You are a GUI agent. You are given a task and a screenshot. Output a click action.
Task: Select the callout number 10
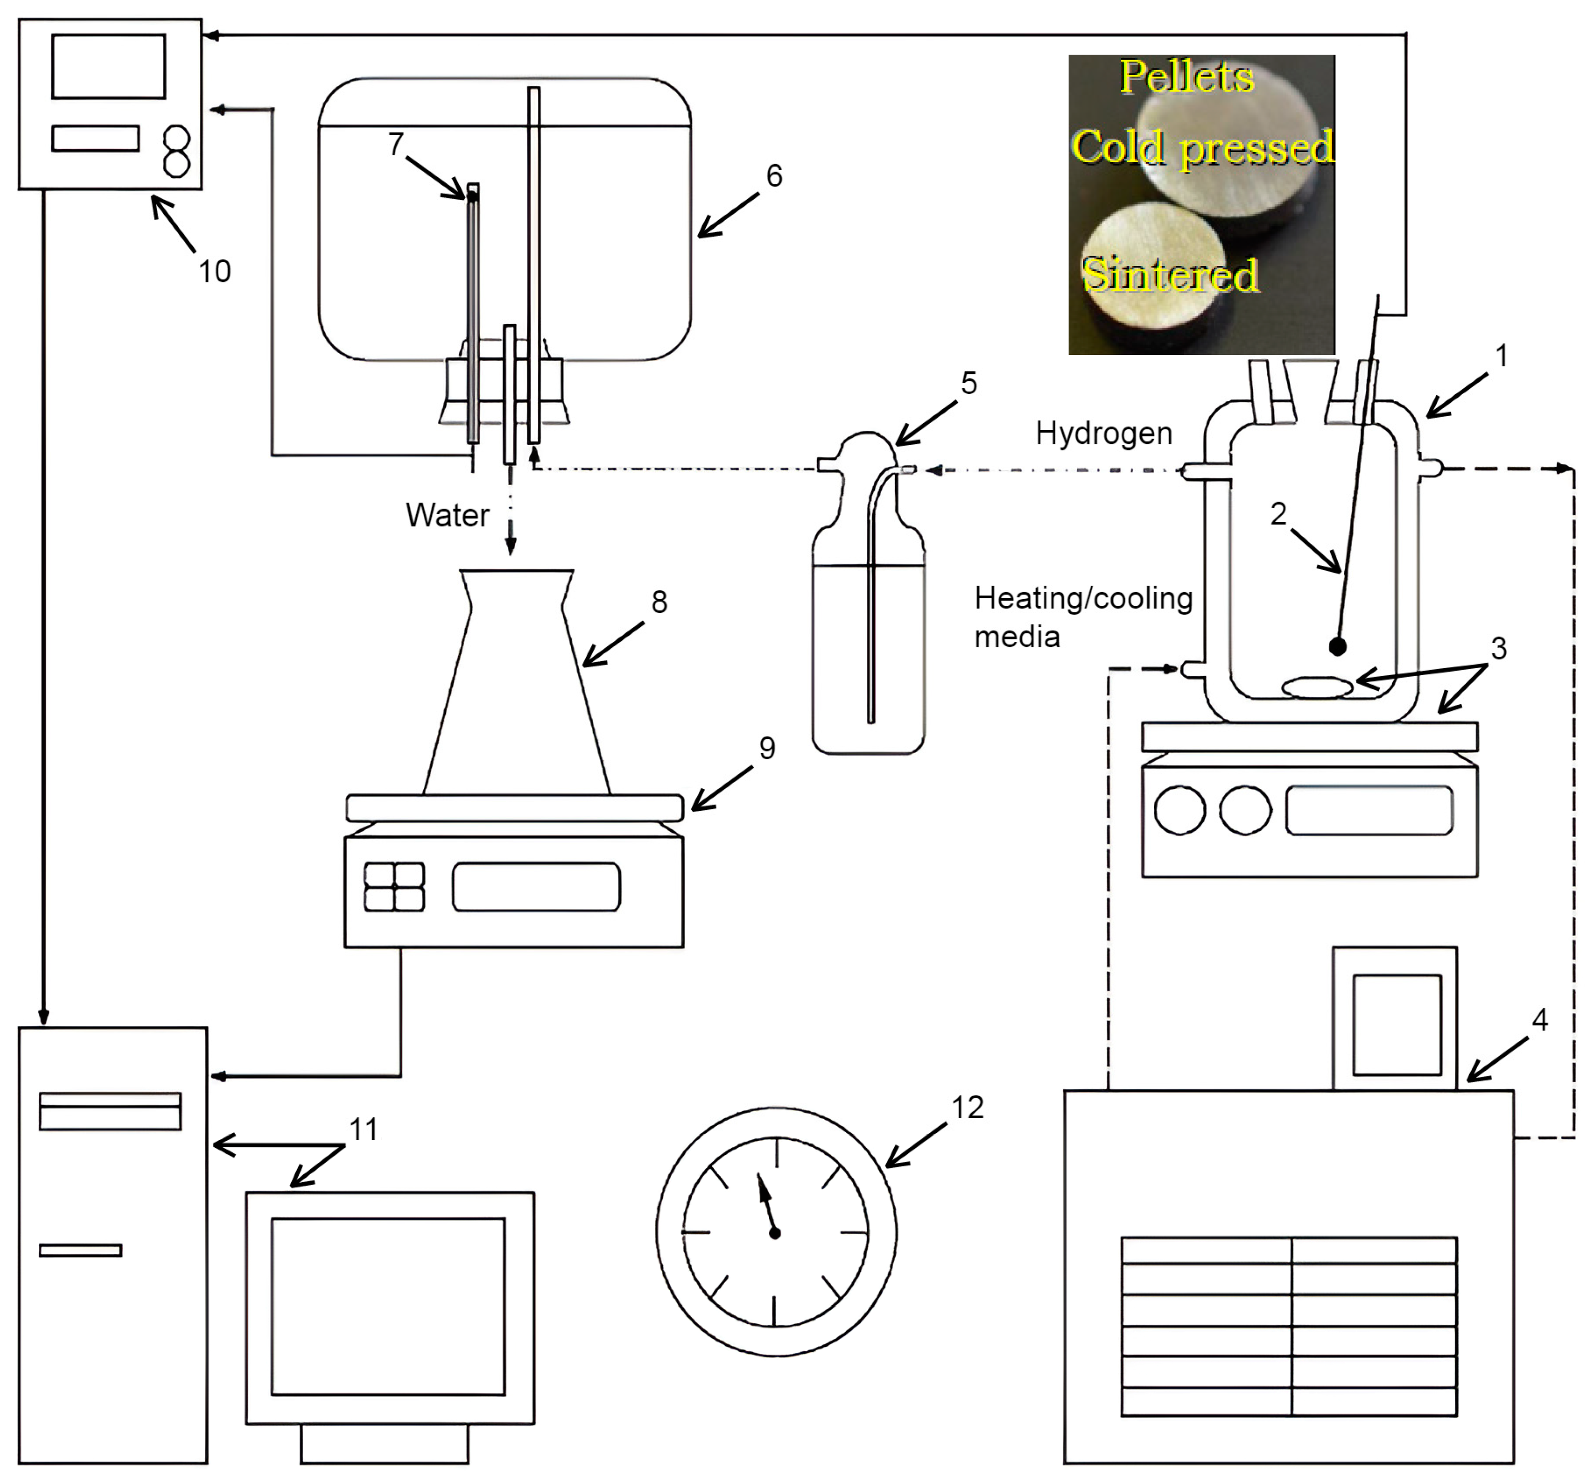pos(214,271)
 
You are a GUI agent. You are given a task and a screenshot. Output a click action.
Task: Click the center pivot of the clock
pos(774,1233)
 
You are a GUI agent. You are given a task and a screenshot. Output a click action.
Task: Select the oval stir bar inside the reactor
pos(1317,687)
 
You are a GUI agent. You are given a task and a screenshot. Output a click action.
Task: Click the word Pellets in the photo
pos(1186,78)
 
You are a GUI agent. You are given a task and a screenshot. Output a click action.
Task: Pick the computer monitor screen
pos(388,1307)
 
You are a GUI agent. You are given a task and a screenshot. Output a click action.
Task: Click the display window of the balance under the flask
pos(536,886)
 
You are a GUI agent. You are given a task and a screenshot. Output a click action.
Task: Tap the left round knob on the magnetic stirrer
pos(1180,810)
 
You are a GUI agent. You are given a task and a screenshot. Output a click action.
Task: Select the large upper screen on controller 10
pos(108,66)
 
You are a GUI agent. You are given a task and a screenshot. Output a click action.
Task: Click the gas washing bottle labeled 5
pos(868,639)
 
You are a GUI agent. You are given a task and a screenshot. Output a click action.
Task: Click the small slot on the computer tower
pos(81,1250)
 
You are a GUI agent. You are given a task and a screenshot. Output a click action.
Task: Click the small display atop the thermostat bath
pos(1397,1025)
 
